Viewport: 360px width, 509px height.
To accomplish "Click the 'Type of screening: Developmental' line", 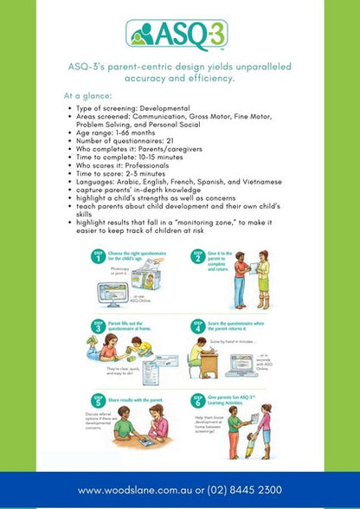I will click(132, 106).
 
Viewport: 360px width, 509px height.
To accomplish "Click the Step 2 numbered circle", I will click(197, 257).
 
